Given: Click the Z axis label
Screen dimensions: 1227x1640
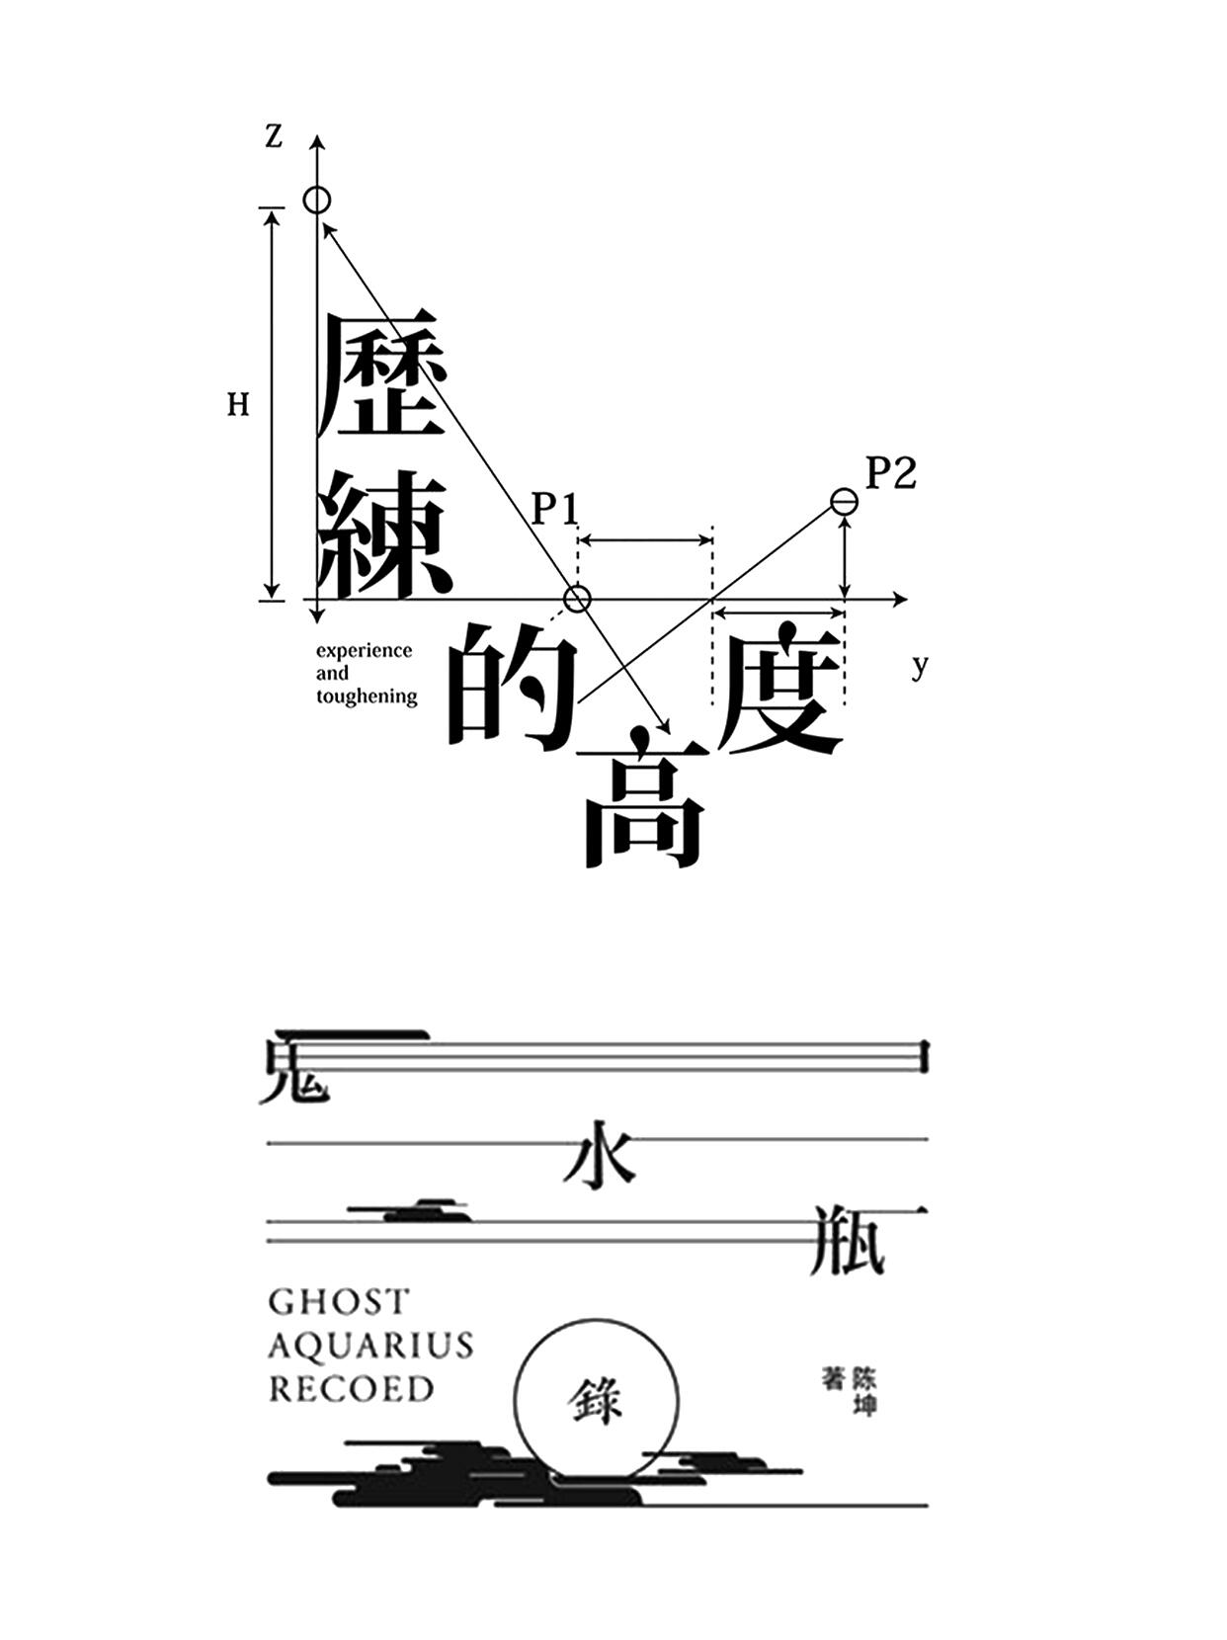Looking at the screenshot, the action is [x=274, y=136].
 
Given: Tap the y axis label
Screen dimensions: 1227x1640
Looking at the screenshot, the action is [x=920, y=666].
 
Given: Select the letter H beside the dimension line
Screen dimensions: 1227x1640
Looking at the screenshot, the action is [x=238, y=405].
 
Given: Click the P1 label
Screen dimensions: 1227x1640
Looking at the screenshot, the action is [x=554, y=510].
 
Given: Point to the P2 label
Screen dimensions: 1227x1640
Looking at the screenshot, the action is [x=891, y=473].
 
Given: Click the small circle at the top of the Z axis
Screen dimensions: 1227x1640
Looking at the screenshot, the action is [x=316, y=201].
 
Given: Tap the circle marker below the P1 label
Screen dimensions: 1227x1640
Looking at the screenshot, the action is [x=577, y=599].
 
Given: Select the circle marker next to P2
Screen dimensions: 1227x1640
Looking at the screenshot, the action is [x=843, y=502].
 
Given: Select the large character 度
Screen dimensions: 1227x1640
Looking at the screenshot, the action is [x=780, y=688].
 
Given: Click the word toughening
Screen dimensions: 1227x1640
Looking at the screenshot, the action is [x=367, y=697].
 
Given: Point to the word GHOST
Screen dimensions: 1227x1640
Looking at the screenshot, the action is [x=338, y=1302].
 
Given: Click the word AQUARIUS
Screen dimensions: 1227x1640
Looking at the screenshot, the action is [x=370, y=1346].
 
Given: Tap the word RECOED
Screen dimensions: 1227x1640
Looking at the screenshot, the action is [x=352, y=1389].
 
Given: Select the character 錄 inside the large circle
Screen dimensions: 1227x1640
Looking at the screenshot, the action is [x=596, y=1401].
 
